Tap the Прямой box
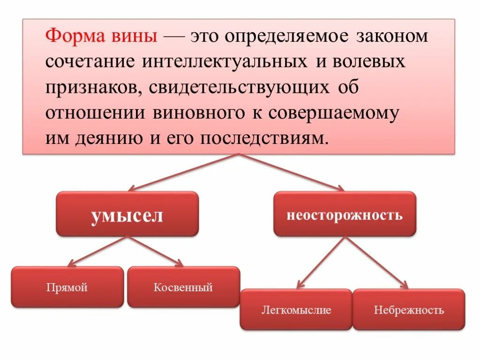tap(67, 287)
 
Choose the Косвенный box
tap(183, 287)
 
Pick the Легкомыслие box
tap(296, 309)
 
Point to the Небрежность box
tap(409, 309)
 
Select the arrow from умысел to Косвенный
tap(156, 251)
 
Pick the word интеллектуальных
tap(221, 62)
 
